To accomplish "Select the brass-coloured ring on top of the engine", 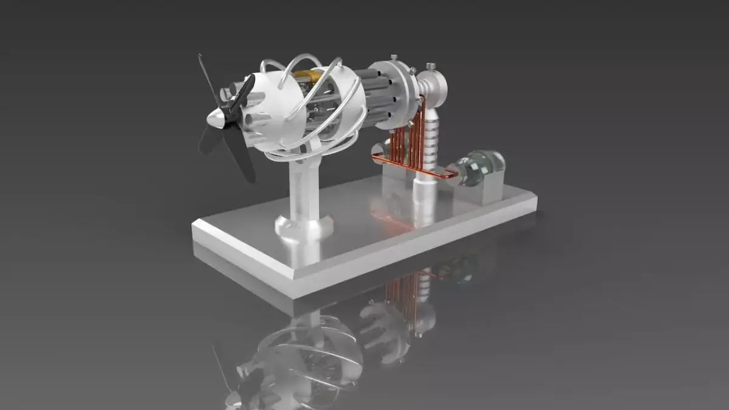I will [310, 76].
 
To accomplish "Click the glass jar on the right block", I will [481, 165].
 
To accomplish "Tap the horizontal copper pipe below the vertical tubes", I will [413, 166].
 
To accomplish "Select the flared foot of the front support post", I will [304, 228].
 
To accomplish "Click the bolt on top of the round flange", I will [394, 59].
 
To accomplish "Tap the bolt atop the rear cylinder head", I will [431, 66].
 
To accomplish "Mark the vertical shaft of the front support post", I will [302, 188].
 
